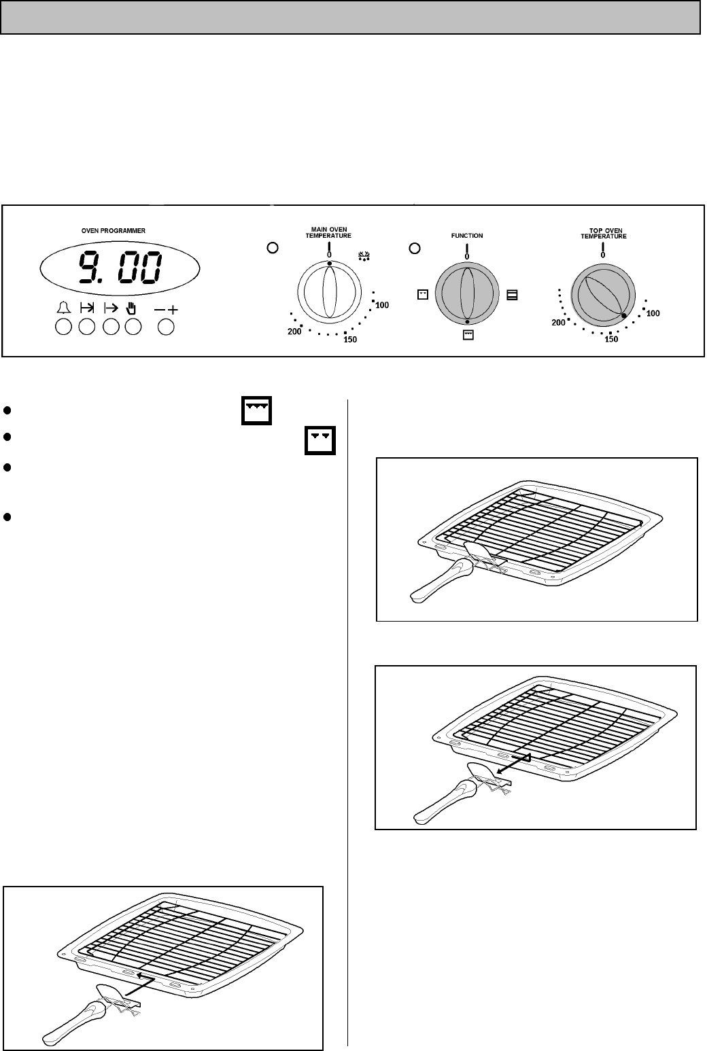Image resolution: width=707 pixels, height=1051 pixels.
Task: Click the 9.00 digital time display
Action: click(x=120, y=268)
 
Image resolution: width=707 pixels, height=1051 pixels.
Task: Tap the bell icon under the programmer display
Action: click(x=64, y=308)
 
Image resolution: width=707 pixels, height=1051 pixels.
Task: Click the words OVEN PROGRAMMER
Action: click(x=113, y=231)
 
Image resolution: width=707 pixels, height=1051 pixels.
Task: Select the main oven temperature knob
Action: click(x=329, y=291)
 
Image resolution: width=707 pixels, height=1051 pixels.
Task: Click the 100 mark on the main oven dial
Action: click(x=382, y=305)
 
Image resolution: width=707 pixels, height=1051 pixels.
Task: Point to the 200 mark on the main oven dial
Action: click(x=294, y=332)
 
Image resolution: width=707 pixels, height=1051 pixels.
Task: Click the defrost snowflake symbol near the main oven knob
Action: click(x=364, y=256)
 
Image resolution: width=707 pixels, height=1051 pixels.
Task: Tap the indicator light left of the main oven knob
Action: click(x=273, y=248)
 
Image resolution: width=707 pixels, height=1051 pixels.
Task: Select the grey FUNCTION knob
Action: click(x=467, y=293)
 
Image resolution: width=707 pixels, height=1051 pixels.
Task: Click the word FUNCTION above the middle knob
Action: click(x=467, y=236)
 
